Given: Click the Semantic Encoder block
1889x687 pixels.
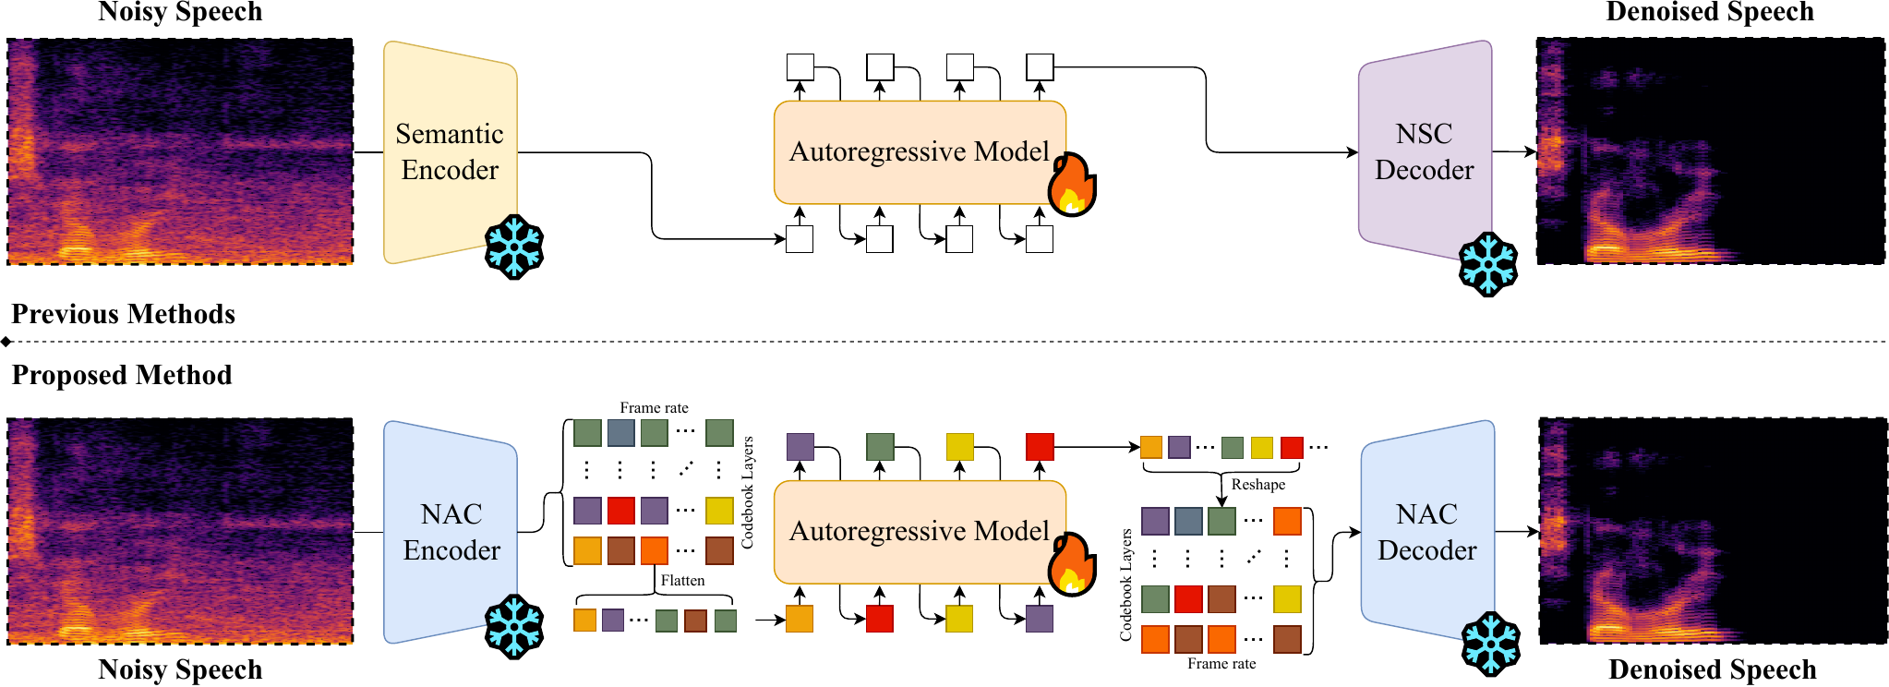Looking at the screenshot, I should pos(450,152).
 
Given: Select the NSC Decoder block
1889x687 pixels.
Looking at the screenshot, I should pos(1424,152).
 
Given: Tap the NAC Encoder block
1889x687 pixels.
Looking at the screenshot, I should pos(451,532).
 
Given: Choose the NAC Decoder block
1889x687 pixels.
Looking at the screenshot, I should pos(1426,532).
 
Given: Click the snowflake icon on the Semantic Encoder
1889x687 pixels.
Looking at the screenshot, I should pos(514,247).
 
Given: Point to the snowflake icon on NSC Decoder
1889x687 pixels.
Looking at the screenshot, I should pos(1488,264).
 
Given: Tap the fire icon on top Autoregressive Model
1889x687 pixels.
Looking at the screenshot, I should pos(1072,186).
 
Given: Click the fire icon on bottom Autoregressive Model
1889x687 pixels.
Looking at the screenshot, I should pos(1072,565).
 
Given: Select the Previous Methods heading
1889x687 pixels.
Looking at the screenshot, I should pos(123,314).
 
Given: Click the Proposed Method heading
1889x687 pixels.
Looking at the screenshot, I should pos(122,375).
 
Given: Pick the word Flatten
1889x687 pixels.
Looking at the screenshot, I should pos(682,580).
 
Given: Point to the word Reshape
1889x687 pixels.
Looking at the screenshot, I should pos(1257,484).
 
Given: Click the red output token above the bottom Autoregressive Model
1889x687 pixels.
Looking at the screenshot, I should pos(1040,447).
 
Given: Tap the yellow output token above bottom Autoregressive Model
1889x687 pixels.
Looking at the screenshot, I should pos(960,447).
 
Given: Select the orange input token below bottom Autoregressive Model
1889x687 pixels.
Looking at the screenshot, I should pos(800,619).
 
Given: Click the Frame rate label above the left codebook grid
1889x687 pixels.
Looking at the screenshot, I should pos(654,407).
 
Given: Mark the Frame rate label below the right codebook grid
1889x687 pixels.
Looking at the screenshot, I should pos(1221,663).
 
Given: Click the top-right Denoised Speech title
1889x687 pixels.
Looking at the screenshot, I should pos(1710,12).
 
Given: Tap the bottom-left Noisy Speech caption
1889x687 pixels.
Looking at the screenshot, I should pos(180,669).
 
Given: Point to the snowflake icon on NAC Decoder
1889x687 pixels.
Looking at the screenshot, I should pos(1490,644).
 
